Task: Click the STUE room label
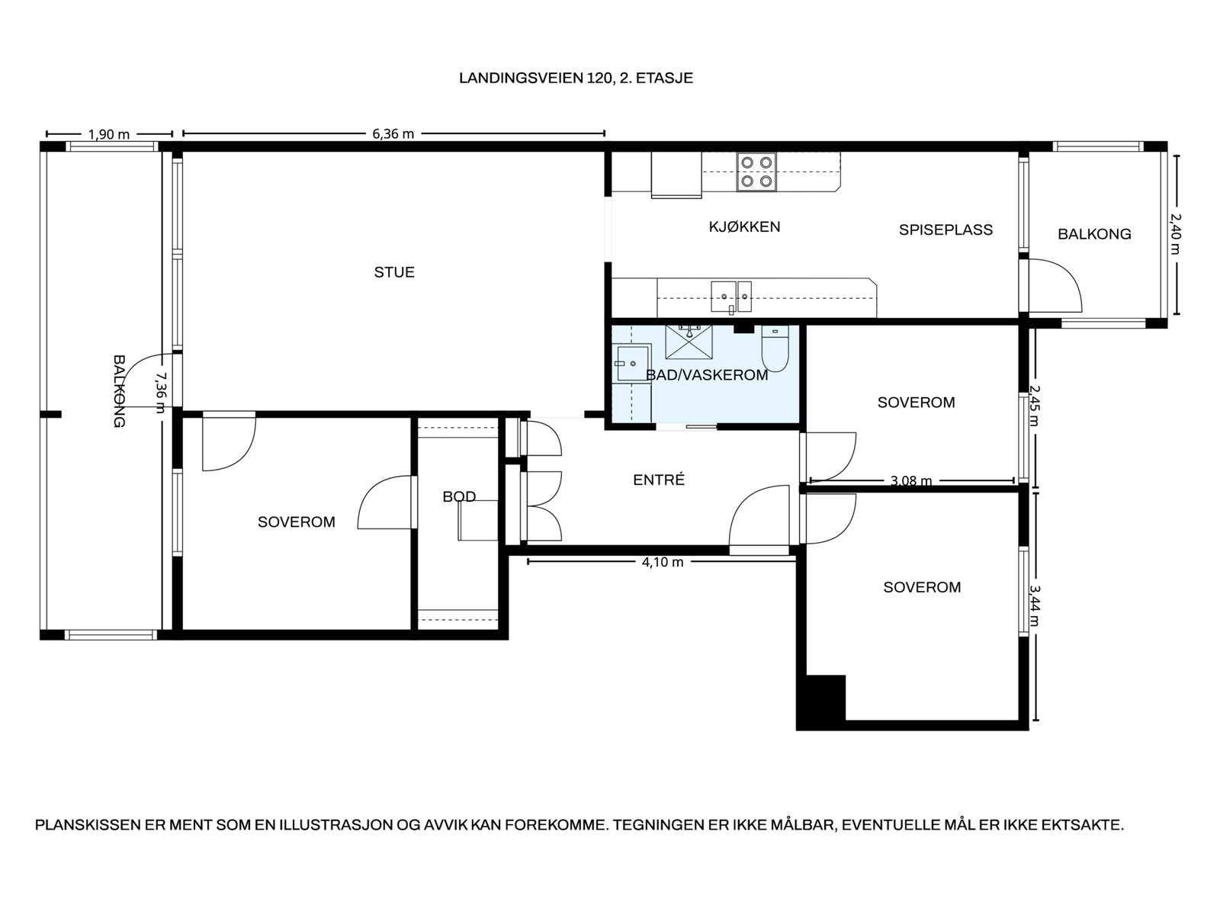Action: click(x=394, y=272)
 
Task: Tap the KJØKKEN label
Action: click(x=744, y=226)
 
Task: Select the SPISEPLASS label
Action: click(x=945, y=230)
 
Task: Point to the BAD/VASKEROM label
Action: click(x=706, y=375)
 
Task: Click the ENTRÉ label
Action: click(x=659, y=480)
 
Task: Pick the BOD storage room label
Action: click(x=459, y=496)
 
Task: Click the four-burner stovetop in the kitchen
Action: click(x=756, y=172)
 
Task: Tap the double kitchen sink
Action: click(x=731, y=297)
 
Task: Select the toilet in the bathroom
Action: click(x=775, y=348)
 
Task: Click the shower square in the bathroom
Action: click(x=689, y=342)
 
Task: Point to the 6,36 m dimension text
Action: click(x=393, y=134)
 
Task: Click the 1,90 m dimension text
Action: click(x=109, y=134)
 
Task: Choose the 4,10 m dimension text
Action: click(x=663, y=562)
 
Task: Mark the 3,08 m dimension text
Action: click(x=911, y=480)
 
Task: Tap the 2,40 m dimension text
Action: click(x=1175, y=234)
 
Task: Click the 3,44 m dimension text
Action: click(x=1034, y=605)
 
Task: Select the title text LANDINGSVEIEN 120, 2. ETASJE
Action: click(x=576, y=79)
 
